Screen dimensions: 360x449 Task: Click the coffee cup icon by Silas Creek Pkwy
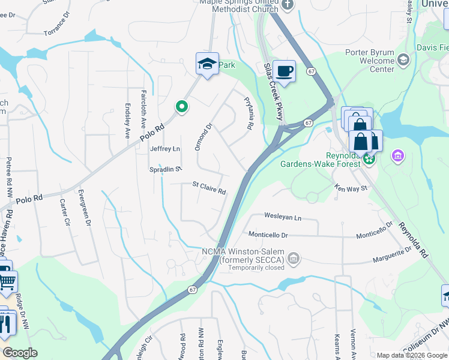285,71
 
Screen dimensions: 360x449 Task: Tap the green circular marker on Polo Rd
182,107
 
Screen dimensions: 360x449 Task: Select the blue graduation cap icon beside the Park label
206,64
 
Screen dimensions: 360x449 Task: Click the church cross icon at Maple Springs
288,5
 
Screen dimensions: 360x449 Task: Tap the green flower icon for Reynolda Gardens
369,160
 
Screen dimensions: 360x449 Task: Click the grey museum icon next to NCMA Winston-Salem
294,259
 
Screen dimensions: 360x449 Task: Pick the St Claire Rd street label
208,188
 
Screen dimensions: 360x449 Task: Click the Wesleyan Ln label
283,217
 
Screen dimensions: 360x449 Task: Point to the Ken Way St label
351,188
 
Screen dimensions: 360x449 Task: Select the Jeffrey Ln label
164,149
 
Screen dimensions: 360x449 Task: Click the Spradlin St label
166,170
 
